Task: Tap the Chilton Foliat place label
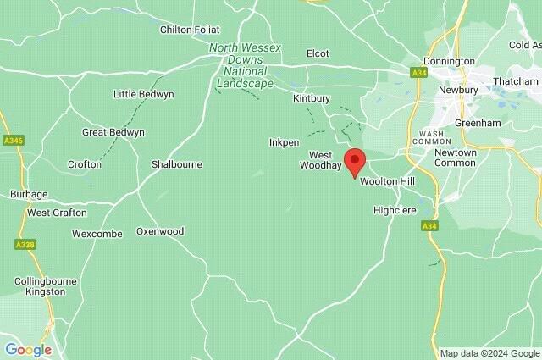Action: coord(189,30)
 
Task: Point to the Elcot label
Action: coord(318,53)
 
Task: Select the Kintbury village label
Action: coord(311,99)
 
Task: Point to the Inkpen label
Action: coord(284,142)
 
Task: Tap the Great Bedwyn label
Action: coord(113,133)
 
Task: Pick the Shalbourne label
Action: coord(176,164)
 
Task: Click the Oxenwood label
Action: coord(160,230)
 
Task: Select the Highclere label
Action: coord(395,209)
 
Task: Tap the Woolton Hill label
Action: coord(388,182)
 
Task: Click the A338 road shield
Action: coord(25,244)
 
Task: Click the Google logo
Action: coord(28,349)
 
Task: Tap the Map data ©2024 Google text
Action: coord(489,352)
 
